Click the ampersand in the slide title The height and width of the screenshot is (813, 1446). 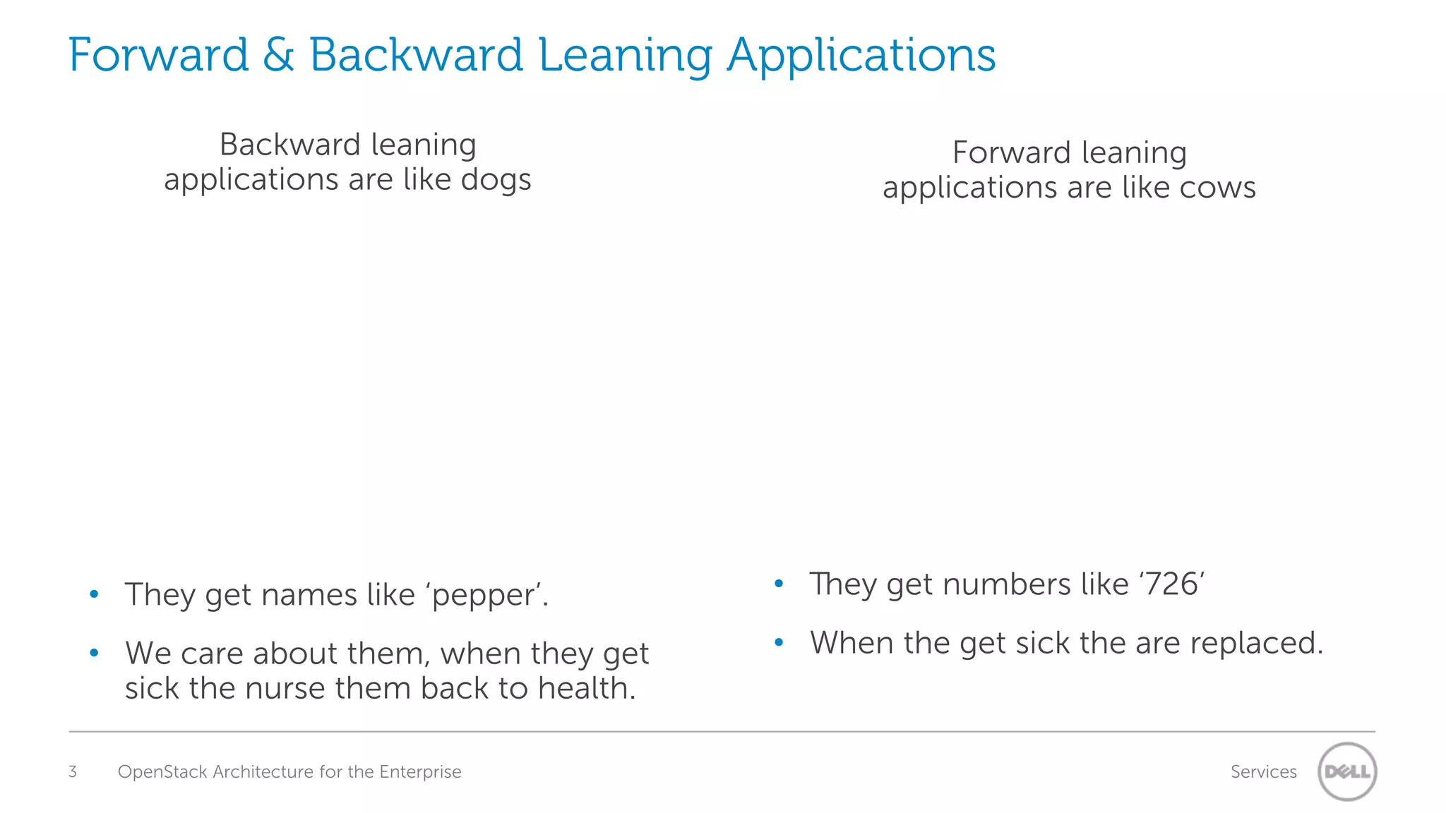pos(278,55)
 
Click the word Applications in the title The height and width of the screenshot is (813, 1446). pos(861,55)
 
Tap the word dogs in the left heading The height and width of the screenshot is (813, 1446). pos(496,179)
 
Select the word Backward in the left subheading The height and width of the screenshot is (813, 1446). pos(290,145)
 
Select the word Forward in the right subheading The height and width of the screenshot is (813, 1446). pos(1012,152)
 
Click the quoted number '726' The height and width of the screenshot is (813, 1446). pos(1171,584)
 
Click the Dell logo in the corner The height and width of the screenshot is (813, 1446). pos(1347,771)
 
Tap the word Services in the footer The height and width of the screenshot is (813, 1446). pos(1263,771)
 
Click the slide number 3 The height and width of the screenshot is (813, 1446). pos(73,771)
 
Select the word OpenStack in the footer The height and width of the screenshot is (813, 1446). pos(162,771)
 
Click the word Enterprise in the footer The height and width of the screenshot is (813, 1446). pos(420,771)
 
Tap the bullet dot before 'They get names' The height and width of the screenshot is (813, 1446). pos(95,594)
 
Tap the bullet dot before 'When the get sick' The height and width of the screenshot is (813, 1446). pos(779,642)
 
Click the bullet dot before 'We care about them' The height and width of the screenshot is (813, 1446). pos(95,653)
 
